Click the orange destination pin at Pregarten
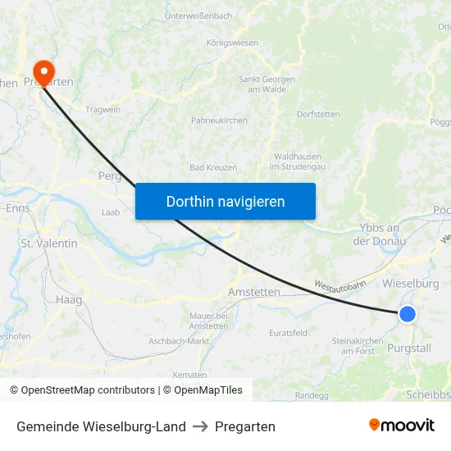click(x=41, y=72)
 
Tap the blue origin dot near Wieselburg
click(x=407, y=313)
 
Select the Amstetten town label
click(x=253, y=292)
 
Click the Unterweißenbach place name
click(x=198, y=16)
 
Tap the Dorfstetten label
click(x=318, y=114)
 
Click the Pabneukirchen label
click(x=219, y=120)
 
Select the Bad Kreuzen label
click(x=213, y=167)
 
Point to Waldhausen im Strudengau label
click(x=297, y=162)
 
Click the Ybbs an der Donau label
click(x=379, y=235)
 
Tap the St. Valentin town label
click(x=49, y=244)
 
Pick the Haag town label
click(x=69, y=300)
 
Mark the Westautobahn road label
click(x=339, y=287)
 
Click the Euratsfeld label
click(x=289, y=333)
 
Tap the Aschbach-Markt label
click(x=179, y=340)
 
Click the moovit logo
click(x=402, y=426)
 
